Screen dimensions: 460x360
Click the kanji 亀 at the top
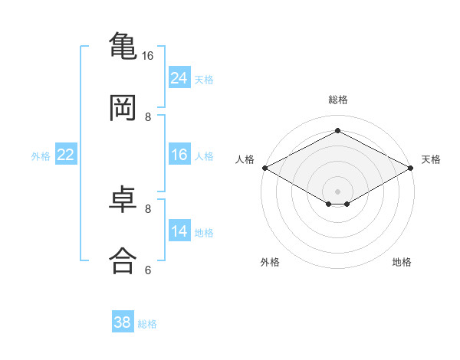click(123, 45)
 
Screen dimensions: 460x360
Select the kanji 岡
click(123, 107)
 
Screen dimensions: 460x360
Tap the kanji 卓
click(123, 199)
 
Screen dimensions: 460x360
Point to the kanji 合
click(123, 260)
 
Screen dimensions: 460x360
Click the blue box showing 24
click(179, 77)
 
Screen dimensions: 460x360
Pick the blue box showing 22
click(66, 154)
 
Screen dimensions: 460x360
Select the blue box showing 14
click(179, 230)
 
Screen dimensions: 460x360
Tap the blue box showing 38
click(123, 321)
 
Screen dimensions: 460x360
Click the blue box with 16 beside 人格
click(179, 154)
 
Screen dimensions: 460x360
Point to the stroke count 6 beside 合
click(148, 270)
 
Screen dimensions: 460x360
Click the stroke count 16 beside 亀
click(147, 56)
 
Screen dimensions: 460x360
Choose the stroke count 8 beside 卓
click(148, 209)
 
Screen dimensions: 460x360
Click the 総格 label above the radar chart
click(338, 100)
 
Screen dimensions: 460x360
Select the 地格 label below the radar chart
click(402, 262)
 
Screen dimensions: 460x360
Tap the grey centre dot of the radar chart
click(337, 191)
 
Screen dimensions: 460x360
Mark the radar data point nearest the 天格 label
click(411, 168)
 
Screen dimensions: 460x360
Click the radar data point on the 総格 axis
click(337, 130)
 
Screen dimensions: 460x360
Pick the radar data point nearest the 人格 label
click(265, 168)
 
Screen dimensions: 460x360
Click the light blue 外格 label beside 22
click(41, 156)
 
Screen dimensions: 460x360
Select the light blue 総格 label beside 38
click(147, 324)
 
